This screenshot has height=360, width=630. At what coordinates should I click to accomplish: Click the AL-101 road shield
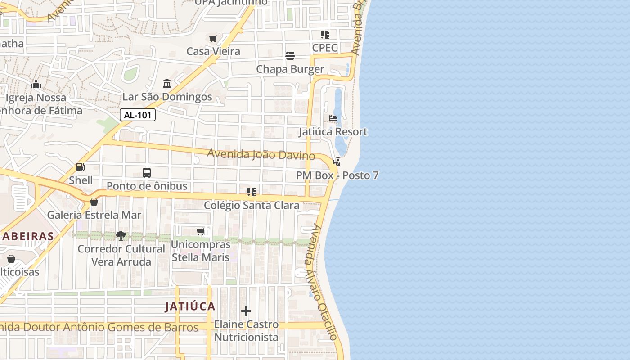point(138,115)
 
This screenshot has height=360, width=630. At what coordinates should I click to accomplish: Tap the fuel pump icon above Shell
point(81,167)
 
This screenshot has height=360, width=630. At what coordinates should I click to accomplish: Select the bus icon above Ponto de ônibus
point(147,172)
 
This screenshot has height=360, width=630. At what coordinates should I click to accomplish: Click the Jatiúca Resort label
point(333,132)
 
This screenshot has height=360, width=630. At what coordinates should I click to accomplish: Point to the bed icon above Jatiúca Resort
point(333,118)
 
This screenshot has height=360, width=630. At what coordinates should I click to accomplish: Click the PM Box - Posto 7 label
point(337,175)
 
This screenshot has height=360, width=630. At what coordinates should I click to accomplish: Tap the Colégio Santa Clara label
point(252,206)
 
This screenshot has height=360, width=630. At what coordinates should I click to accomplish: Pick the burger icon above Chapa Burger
point(290,56)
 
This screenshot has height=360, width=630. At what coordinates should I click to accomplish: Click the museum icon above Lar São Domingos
point(167,84)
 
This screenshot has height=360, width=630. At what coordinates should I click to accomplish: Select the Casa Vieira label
point(213,51)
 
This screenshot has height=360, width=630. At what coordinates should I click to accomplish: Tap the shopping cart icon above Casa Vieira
point(213,38)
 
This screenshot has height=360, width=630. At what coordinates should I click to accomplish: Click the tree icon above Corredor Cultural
point(121,235)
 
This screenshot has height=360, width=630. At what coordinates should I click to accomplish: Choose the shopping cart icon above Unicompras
point(201,231)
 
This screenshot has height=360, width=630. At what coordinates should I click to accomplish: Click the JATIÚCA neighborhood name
point(190,307)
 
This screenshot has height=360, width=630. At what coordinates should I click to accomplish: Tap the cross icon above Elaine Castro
point(246,311)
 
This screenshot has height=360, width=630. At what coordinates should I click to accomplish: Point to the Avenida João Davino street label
point(261,154)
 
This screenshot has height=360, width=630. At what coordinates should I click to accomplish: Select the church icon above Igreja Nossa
point(36,84)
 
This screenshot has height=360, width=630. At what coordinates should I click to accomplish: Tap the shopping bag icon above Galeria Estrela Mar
point(94,202)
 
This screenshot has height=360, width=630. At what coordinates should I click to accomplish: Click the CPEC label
point(325,48)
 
